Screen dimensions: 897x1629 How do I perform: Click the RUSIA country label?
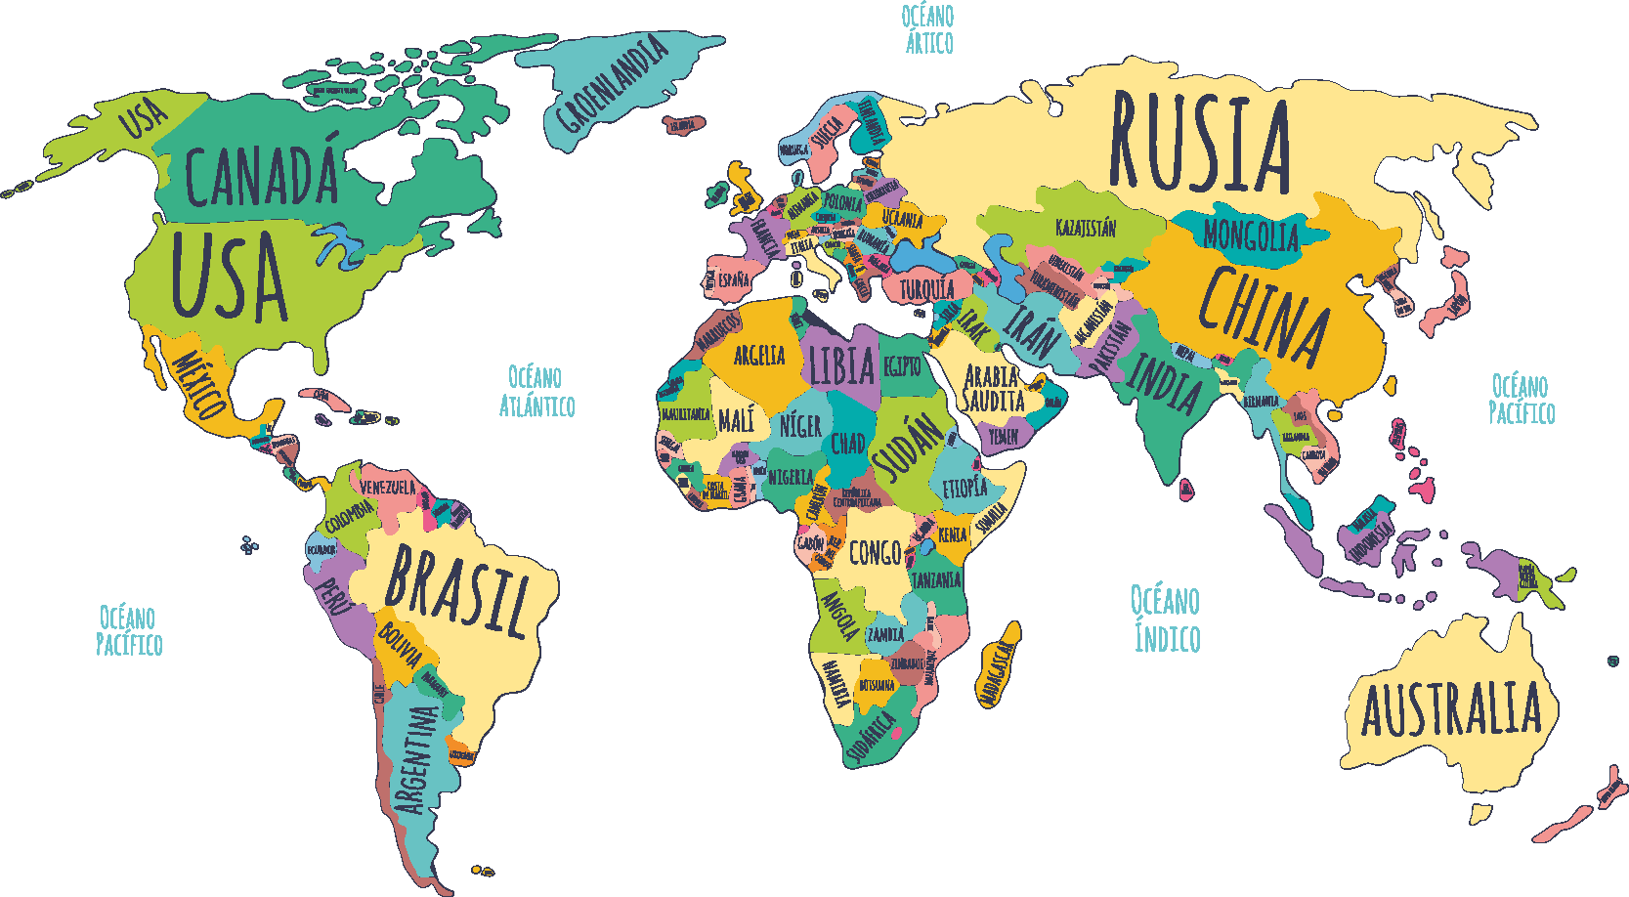point(1200,142)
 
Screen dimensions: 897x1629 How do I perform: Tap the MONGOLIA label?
point(1251,235)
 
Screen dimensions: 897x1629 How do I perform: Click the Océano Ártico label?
point(928,29)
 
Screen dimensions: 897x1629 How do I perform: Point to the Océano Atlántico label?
point(536,392)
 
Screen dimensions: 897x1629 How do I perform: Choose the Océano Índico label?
point(1166,619)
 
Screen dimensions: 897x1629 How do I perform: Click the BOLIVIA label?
point(401,645)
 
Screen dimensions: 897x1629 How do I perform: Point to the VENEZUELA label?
point(387,486)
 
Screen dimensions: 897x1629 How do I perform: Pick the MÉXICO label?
point(200,383)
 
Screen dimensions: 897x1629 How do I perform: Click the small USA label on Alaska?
point(145,119)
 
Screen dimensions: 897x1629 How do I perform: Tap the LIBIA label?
point(841,365)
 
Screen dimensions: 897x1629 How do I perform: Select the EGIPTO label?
point(902,365)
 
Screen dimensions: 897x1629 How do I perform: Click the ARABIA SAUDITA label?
point(993,389)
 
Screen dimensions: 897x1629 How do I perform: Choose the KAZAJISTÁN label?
point(1085,228)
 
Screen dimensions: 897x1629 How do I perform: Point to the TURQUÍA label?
point(926,289)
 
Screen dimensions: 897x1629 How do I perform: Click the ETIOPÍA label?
point(964,487)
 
